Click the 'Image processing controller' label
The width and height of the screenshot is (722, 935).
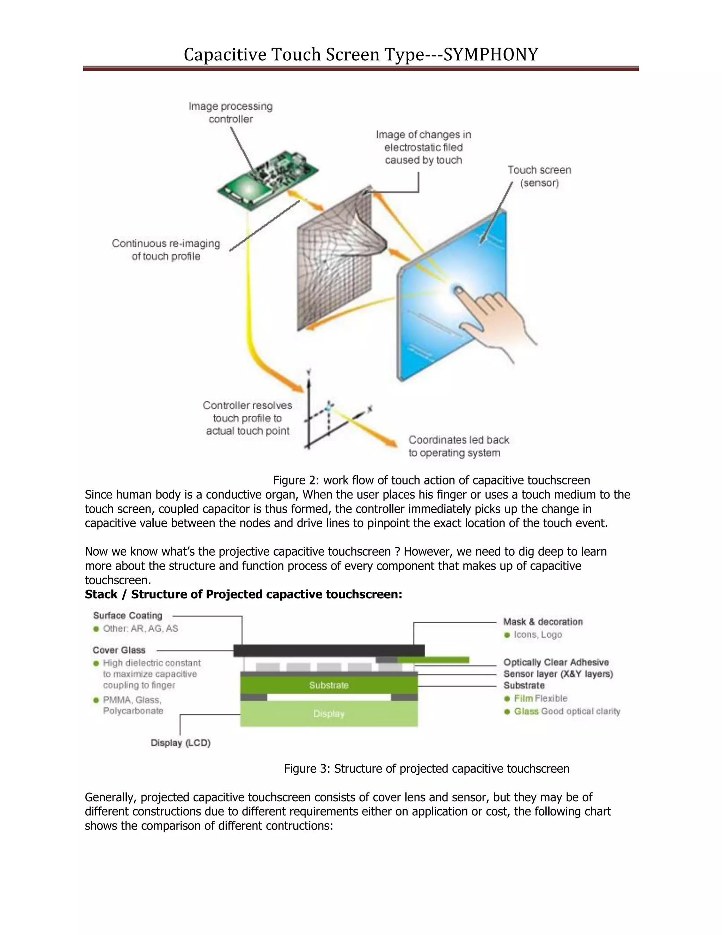[x=231, y=113]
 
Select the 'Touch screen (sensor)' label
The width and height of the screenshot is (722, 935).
[x=539, y=176]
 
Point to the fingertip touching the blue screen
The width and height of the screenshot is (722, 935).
[x=458, y=291]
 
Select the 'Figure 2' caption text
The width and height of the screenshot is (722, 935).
[x=431, y=480]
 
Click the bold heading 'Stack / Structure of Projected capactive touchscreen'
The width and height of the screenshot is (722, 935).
[x=243, y=594]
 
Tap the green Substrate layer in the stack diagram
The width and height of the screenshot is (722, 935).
[x=329, y=685]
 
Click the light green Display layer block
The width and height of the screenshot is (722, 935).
[x=329, y=714]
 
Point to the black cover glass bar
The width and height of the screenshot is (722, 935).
[x=329, y=651]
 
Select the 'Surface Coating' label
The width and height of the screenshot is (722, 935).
[x=128, y=616]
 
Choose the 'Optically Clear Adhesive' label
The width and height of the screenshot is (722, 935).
[x=556, y=662]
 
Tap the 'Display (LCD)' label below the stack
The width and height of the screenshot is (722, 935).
[x=180, y=743]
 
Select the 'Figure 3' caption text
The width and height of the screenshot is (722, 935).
[x=427, y=768]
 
